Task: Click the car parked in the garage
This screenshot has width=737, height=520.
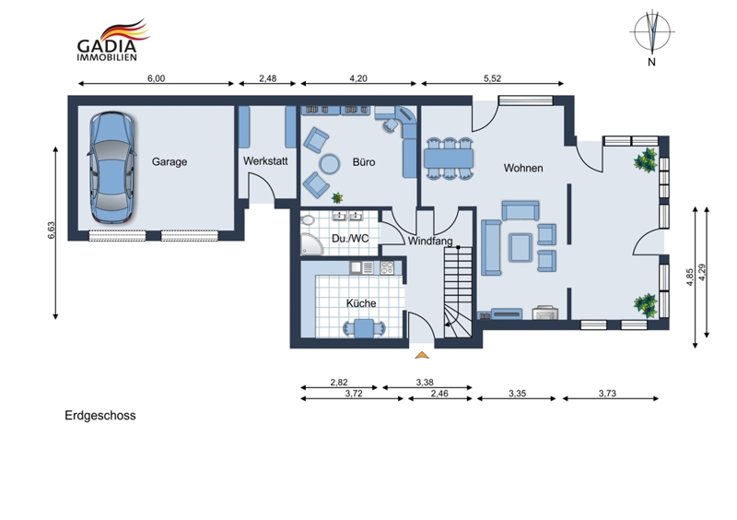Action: click(x=111, y=167)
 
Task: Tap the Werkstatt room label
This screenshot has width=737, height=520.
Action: click(x=265, y=161)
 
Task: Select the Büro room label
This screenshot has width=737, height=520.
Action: click(x=364, y=162)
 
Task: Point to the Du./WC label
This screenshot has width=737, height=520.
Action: click(x=350, y=239)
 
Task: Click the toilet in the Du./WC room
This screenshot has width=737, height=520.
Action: click(x=309, y=220)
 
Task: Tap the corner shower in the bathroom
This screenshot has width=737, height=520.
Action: click(x=312, y=243)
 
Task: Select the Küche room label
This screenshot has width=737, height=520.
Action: click(x=361, y=303)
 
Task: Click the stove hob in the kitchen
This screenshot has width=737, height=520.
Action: click(x=387, y=267)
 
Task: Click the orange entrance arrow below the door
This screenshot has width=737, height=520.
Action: click(x=422, y=355)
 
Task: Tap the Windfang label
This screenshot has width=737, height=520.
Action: click(x=430, y=242)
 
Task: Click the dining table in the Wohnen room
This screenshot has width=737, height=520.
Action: click(x=449, y=159)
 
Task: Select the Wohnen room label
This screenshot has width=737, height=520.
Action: click(x=523, y=168)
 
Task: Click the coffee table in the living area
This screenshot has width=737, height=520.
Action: click(x=521, y=247)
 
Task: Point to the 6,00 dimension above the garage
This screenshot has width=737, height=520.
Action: click(x=156, y=78)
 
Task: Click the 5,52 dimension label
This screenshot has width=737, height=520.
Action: click(x=492, y=78)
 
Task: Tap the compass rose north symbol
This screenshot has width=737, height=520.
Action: click(x=652, y=32)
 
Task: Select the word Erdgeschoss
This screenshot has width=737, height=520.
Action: click(x=100, y=416)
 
